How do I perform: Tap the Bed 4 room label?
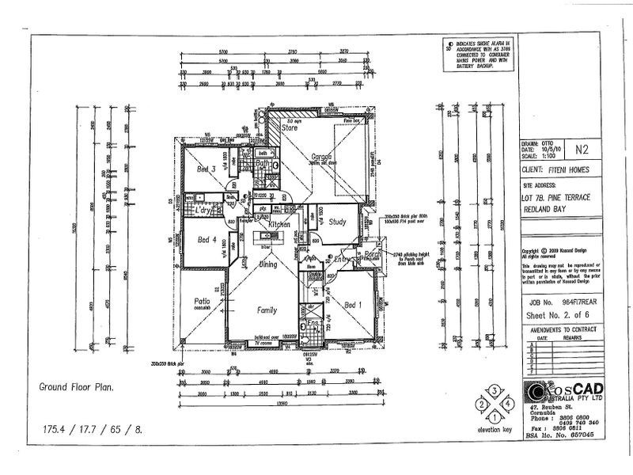207,240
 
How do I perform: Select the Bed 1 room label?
354,303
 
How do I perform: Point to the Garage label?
320,156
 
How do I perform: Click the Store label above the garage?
290,127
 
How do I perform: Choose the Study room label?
339,222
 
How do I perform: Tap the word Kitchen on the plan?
280,225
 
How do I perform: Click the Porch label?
371,254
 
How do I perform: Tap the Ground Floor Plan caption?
76,388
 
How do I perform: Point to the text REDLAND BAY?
548,211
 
